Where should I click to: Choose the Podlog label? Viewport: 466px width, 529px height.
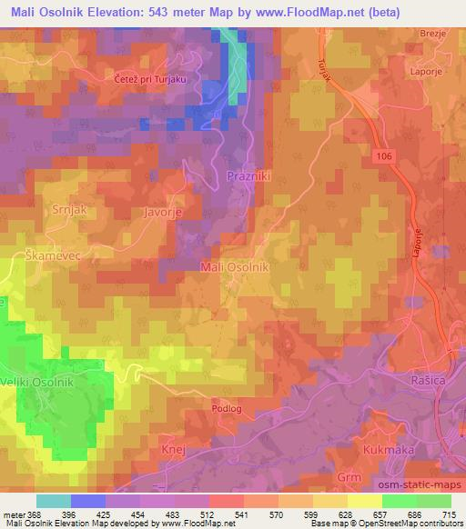227,409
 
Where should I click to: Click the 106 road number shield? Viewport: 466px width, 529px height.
382,157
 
